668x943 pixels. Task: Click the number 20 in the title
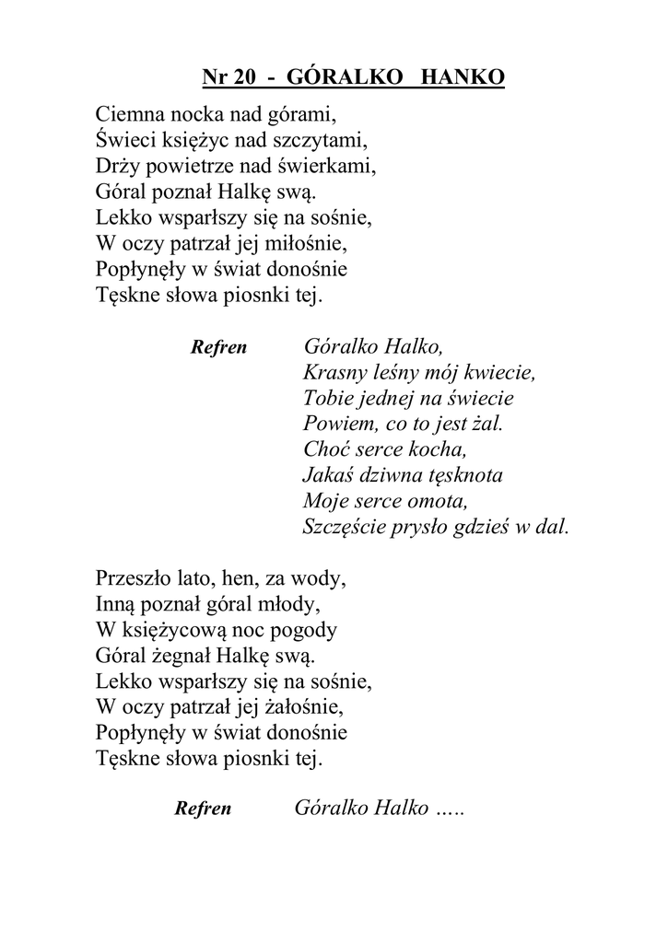pos(244,78)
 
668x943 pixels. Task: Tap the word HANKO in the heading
pos(463,78)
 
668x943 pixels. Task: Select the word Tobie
pos(326,400)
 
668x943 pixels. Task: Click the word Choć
pos(323,451)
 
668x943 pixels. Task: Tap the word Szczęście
pos(346,529)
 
